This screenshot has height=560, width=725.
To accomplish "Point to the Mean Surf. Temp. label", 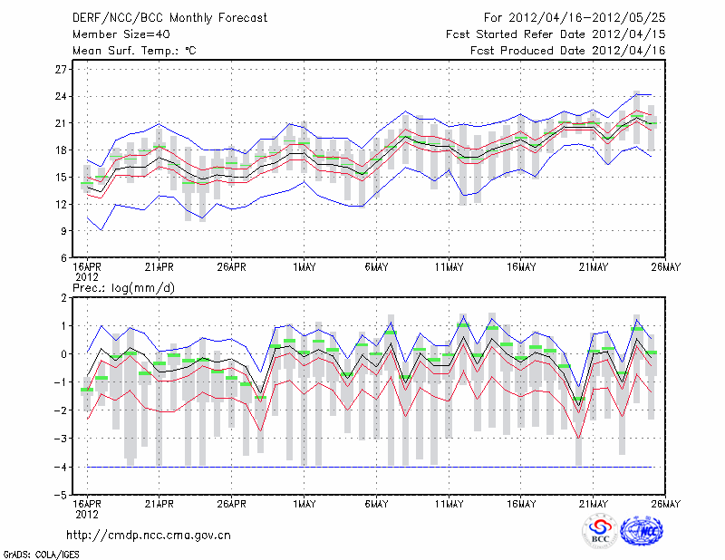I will tap(133, 51).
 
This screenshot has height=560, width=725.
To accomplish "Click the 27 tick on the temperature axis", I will tap(62, 69).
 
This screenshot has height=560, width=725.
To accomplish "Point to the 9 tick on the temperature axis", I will tap(64, 231).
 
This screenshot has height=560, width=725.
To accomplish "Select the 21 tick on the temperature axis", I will tap(62, 123).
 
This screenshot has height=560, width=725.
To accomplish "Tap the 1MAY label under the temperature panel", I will tap(304, 269).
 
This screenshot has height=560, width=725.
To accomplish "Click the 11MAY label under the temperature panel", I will tap(449, 269).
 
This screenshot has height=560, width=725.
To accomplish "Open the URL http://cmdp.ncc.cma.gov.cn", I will tap(149, 535).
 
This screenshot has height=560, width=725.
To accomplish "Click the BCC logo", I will tap(600, 531).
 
